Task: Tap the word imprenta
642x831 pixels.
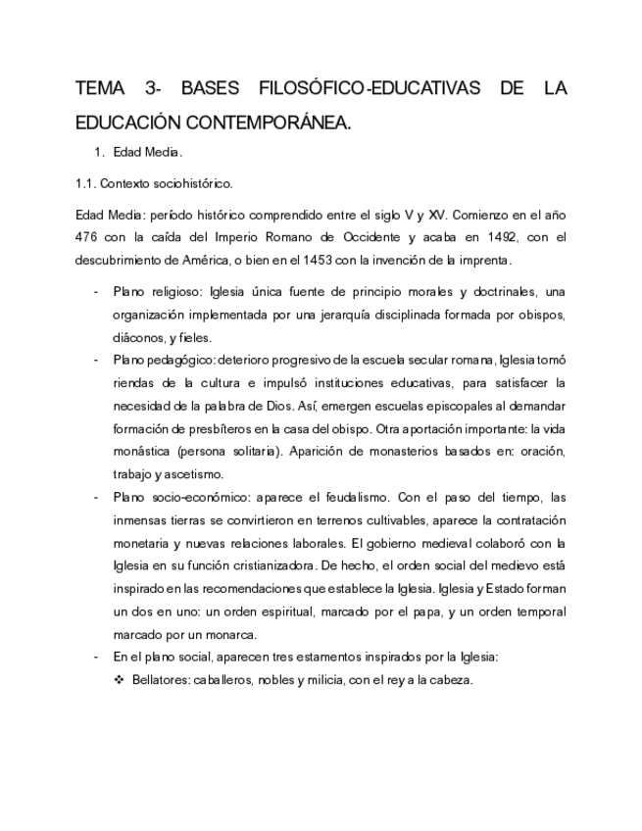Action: (x=478, y=261)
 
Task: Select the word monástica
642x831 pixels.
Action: (x=142, y=451)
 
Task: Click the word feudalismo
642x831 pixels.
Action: (x=360, y=497)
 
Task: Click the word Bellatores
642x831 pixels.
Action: (x=162, y=679)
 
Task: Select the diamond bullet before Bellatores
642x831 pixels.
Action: (x=121, y=679)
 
